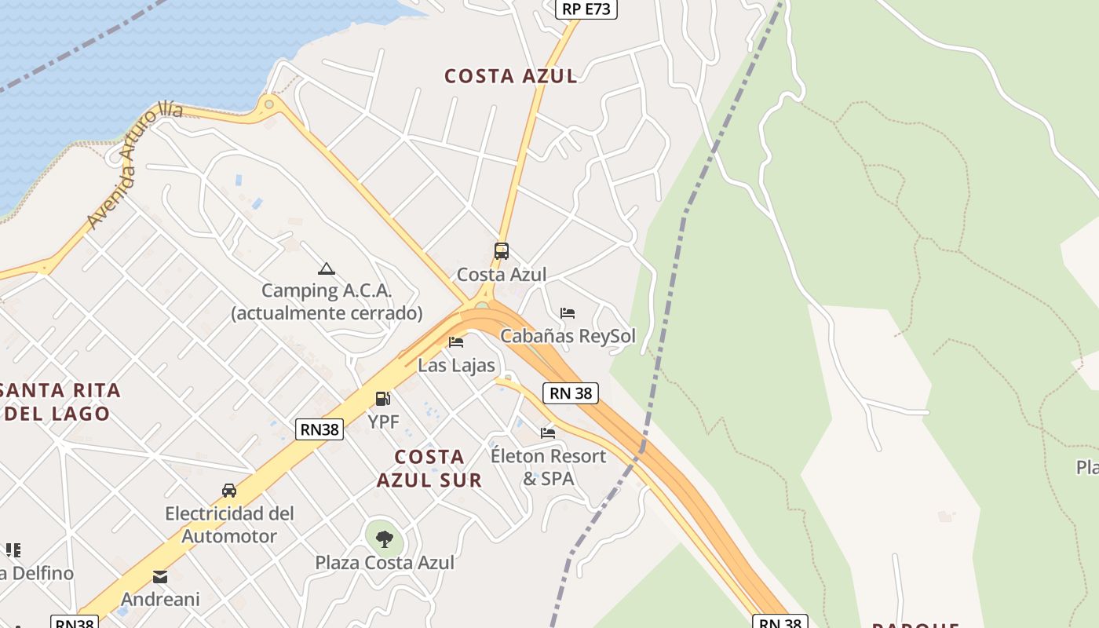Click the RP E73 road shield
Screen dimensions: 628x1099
[x=586, y=9]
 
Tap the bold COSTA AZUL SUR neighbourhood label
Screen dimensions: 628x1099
[x=429, y=468]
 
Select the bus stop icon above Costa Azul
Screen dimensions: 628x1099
[x=502, y=251]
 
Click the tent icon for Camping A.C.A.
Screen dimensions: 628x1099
[x=327, y=268]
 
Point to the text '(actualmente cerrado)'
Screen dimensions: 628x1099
[x=327, y=312]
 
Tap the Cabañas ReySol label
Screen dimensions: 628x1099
[x=568, y=336]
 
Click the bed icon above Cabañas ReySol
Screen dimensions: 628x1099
[x=568, y=312]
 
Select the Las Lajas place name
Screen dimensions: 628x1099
[x=456, y=365]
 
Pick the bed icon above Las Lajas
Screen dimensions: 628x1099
[x=456, y=341]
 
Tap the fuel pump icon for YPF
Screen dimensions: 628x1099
[x=382, y=399]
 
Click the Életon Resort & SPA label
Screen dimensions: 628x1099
[x=548, y=467]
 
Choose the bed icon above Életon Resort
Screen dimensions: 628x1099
[x=548, y=433]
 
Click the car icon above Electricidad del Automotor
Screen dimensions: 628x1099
[x=229, y=491]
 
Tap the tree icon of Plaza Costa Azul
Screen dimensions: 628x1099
[x=385, y=539]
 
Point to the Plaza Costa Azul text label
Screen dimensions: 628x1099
[x=385, y=562]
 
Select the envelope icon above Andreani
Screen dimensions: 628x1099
[x=160, y=577]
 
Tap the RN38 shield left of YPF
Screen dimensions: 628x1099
[x=320, y=429]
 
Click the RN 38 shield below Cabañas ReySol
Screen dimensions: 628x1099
[x=571, y=393]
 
